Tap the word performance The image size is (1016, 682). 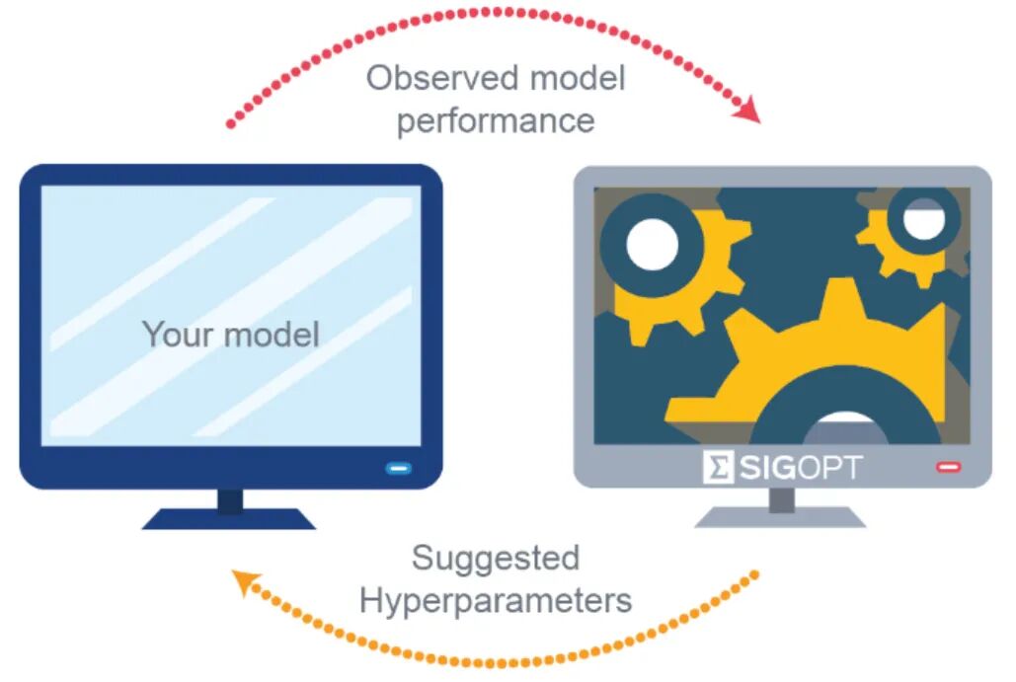click(496, 121)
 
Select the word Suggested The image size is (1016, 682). click(496, 559)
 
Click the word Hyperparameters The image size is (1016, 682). click(496, 600)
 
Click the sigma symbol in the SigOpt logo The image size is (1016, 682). click(718, 467)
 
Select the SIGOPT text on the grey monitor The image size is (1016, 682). click(800, 468)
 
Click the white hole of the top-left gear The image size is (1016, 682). click(652, 244)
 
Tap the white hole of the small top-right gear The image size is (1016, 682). click(923, 218)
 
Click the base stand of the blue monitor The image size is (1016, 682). click(229, 519)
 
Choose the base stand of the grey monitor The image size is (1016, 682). click(780, 517)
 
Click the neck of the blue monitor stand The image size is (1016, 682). click(230, 500)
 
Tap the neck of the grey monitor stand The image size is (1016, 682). click(781, 498)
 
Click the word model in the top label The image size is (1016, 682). click(578, 78)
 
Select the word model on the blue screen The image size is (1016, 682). click(273, 335)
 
